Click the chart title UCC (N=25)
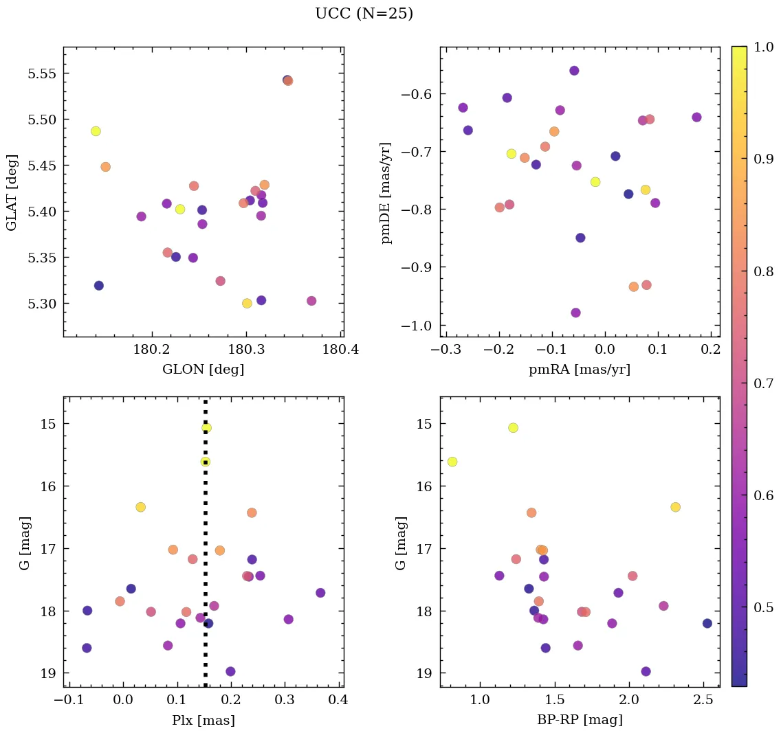point(364,14)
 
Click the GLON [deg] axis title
point(203,370)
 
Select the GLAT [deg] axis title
point(12,192)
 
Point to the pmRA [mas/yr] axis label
point(580,370)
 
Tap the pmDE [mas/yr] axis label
point(386,192)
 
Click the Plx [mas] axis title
point(203,721)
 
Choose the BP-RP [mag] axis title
point(580,721)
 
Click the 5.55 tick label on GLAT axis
point(42,74)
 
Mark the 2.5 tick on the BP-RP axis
point(703,701)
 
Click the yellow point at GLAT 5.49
point(96,131)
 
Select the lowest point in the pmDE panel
point(575,313)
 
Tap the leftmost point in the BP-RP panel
point(452,462)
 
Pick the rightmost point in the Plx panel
point(320,593)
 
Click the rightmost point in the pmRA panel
point(696,117)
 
